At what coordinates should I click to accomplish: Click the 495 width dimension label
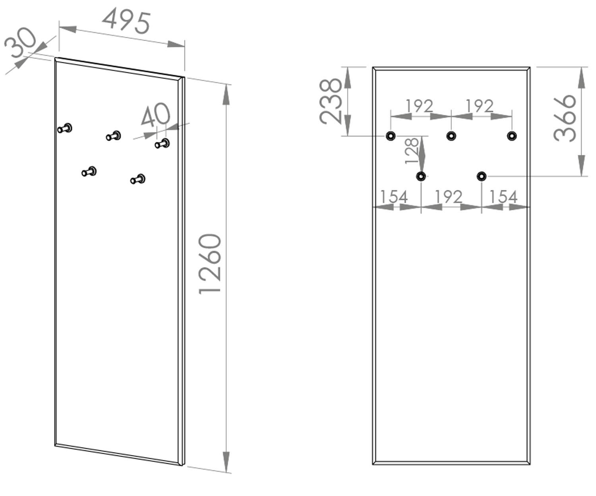click(126, 21)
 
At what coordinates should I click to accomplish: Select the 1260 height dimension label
click(210, 264)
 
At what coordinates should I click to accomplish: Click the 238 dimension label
click(331, 101)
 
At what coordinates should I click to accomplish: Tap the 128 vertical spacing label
click(412, 151)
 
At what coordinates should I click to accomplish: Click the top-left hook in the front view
click(391, 136)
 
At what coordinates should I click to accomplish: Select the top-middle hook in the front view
click(451, 136)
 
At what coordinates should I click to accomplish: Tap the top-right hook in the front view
click(512, 136)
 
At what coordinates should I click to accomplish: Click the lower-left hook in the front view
click(421, 176)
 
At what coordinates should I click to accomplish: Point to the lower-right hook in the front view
click(482, 176)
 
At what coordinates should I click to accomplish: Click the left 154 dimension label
click(394, 197)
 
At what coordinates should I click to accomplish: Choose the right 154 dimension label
click(503, 197)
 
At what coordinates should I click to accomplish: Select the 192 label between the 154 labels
click(449, 197)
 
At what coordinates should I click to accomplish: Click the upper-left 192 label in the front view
click(420, 106)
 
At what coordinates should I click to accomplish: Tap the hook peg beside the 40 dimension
click(162, 143)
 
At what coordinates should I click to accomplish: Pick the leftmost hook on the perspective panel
click(65, 128)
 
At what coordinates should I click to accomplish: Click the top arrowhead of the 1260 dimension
click(226, 95)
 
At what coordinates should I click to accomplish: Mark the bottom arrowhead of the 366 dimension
click(581, 166)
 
